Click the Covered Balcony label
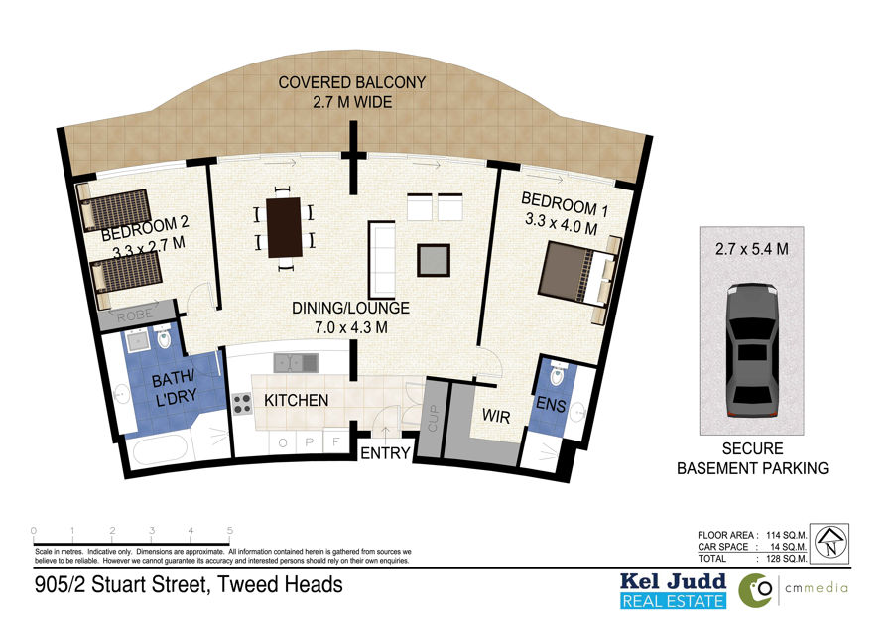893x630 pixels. point(352,92)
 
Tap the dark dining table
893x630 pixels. point(284,227)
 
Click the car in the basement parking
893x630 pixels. point(752,350)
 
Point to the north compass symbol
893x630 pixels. point(829,544)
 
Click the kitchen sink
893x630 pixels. point(296,363)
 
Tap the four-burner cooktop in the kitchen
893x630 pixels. point(242,403)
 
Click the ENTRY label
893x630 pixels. point(385,453)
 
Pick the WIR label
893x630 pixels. point(496,417)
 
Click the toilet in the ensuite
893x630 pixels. point(557,374)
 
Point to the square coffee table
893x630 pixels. point(434,260)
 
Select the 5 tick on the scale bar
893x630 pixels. point(229,531)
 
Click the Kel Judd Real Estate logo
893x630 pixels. point(673,591)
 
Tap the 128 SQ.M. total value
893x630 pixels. point(787,559)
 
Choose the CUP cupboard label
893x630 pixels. point(433,418)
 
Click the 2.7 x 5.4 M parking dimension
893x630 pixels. point(752,249)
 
